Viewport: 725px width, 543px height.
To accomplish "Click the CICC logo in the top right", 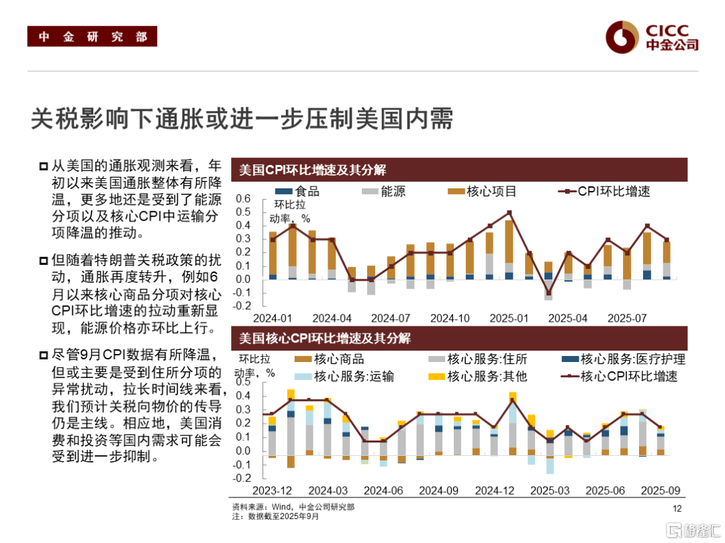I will pos(651,38).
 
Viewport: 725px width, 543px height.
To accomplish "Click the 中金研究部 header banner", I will pos(92,37).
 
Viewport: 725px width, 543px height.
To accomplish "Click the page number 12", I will pos(677,508).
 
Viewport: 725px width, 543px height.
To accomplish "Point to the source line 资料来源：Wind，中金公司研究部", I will pos(293,507).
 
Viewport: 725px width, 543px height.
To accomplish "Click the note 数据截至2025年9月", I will pos(275,517).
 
